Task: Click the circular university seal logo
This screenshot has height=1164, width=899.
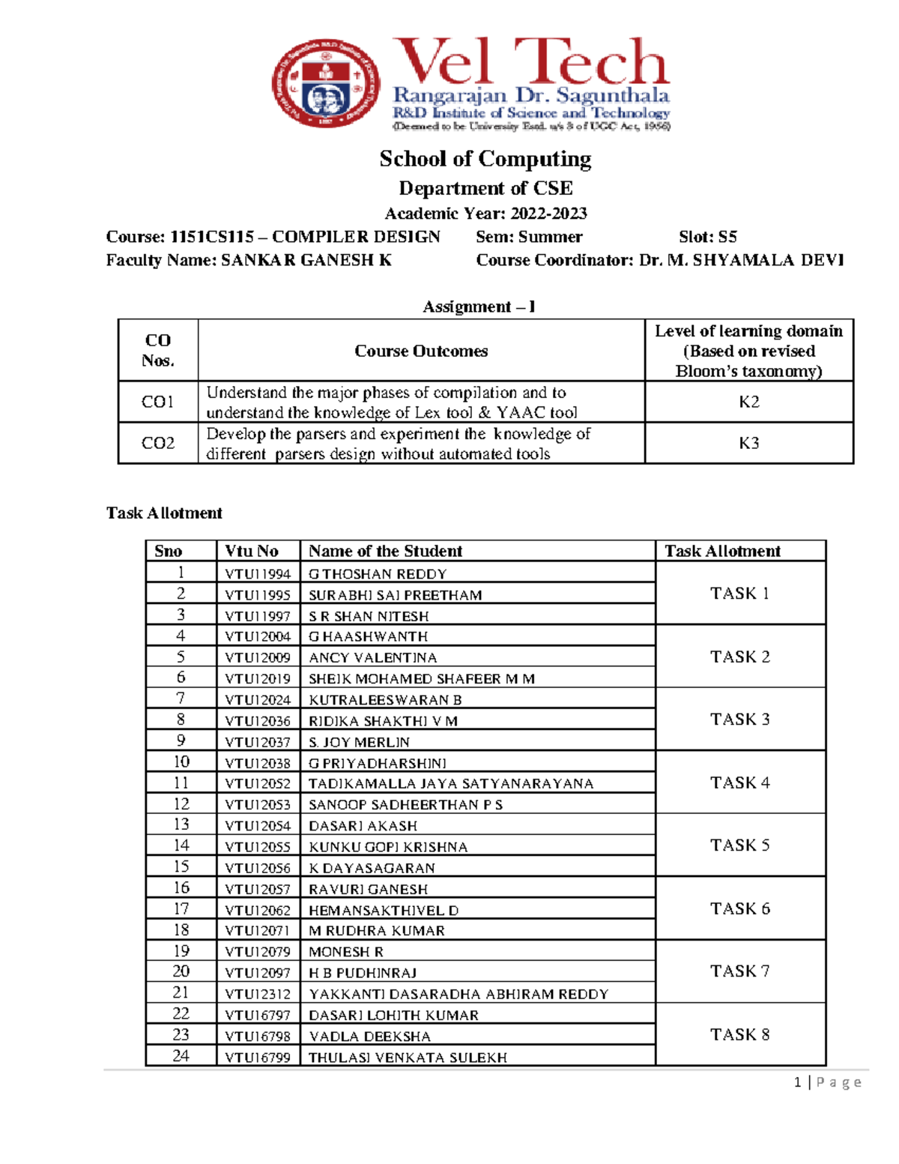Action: [326, 84]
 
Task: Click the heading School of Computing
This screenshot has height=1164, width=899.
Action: [485, 159]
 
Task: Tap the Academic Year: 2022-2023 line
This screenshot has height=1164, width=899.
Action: [485, 214]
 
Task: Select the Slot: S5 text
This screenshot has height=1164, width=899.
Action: [707, 237]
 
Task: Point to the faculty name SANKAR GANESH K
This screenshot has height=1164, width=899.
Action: [306, 260]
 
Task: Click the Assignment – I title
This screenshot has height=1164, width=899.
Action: [479, 307]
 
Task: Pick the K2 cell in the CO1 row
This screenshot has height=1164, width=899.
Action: [748, 402]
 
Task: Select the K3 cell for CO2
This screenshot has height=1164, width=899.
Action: [748, 443]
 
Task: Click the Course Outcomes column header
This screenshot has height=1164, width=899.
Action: [421, 351]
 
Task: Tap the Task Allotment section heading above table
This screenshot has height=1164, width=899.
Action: [164, 513]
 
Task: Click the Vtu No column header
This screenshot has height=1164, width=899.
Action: [252, 551]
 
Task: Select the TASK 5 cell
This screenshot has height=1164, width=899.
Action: [739, 845]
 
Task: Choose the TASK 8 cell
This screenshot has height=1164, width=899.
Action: [739, 1035]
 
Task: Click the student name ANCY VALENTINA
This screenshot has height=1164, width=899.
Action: [372, 658]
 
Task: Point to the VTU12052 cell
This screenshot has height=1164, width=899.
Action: [257, 784]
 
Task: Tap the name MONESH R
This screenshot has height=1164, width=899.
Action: [345, 952]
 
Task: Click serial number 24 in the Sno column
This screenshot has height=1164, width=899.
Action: [181, 1056]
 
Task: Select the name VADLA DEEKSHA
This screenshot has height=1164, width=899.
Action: [369, 1037]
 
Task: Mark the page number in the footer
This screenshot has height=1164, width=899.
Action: [799, 1082]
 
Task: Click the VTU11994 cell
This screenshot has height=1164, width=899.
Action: [257, 574]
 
